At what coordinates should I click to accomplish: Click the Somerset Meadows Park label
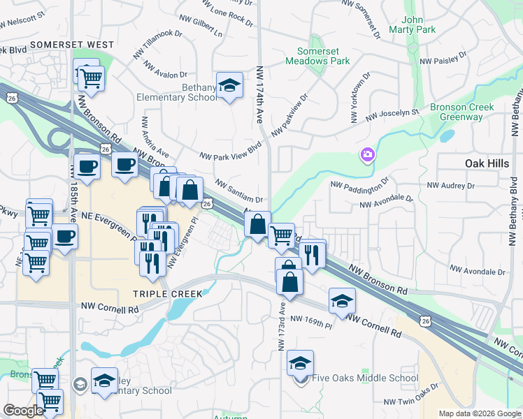point(318,56)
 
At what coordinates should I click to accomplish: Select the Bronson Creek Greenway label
point(461,112)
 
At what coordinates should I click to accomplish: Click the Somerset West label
point(72,45)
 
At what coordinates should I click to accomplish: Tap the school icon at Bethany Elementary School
point(229,86)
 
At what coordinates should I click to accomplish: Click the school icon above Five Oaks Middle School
point(300,362)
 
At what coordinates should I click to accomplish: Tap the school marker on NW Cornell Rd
point(342,300)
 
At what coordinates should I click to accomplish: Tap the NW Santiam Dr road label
point(238,189)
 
